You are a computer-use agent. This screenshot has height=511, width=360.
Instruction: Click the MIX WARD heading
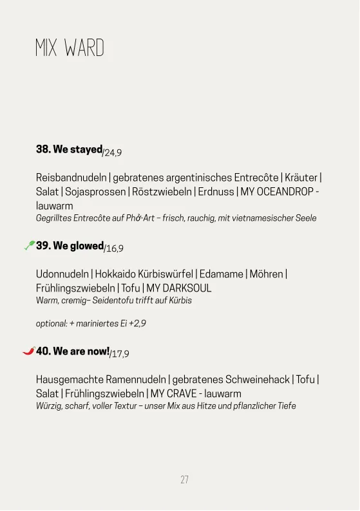pos(70,48)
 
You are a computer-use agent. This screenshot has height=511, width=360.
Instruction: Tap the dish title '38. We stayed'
pos(69,149)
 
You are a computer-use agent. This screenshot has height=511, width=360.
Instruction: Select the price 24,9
pos(113,153)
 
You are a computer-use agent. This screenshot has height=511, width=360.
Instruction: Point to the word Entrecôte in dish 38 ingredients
pos(256,177)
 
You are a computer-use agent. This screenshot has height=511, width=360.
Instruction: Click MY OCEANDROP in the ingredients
pos(277,191)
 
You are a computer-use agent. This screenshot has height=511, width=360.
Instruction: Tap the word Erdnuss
pos(216,191)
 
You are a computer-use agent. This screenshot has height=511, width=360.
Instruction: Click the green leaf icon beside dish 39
pos(29,245)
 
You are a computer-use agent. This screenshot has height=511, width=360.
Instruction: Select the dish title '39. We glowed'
pos(70,246)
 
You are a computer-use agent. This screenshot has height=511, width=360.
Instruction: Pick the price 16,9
pos(115,249)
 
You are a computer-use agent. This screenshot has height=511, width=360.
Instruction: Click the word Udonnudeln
pos(62,274)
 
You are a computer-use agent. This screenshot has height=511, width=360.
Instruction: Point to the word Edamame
pos(220,274)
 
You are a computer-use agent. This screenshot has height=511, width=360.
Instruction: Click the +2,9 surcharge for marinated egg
pos(137,324)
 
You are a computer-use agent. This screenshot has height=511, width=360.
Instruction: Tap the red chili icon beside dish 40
pos(28,351)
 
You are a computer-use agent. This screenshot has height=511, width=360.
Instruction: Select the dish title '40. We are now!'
pos(73,351)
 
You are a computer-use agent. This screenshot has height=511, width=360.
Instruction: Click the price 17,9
pos(120,355)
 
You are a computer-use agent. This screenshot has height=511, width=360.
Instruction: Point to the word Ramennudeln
pos(135,380)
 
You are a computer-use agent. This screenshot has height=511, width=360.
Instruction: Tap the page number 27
pos(184,479)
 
